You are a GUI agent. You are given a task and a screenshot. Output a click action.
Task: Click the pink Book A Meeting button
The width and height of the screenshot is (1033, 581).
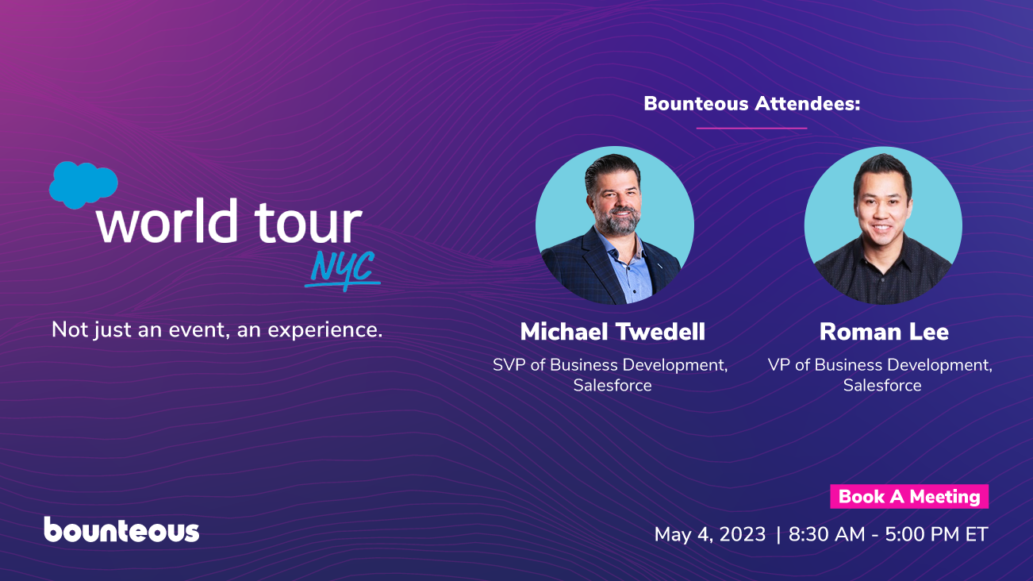tap(909, 497)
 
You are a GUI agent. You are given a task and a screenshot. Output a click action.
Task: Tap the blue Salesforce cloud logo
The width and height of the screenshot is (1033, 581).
tap(82, 184)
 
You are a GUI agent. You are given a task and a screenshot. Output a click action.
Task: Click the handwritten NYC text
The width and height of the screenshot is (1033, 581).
tap(342, 268)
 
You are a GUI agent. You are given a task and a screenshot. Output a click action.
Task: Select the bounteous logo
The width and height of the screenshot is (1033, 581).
tap(121, 530)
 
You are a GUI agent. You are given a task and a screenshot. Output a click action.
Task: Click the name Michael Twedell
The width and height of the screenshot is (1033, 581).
tap(613, 332)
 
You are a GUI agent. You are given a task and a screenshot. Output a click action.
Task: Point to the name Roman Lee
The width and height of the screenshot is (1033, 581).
tap(884, 332)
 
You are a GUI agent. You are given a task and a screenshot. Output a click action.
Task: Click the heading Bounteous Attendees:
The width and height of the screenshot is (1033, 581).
tap(752, 103)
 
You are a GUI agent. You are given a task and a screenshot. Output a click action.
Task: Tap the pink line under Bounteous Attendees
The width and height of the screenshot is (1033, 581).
tap(751, 128)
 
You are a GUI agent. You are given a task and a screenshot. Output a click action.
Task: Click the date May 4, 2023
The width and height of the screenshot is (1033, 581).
tap(710, 535)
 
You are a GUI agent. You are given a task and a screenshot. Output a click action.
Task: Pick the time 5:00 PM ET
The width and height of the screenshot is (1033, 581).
tap(935, 535)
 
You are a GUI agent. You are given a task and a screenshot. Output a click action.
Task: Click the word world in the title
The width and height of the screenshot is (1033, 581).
tap(167, 221)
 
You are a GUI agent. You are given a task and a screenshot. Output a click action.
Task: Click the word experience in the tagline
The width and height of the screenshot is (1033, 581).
tap(325, 329)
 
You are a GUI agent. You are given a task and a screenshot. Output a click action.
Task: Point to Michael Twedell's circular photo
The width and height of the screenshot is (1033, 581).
tap(614, 225)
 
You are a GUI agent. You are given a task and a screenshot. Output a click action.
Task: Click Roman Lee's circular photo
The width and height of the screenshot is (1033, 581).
tap(883, 225)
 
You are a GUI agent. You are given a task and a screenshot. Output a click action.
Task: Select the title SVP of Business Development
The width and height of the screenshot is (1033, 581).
tap(610, 365)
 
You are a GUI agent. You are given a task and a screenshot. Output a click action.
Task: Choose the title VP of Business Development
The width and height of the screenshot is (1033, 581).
tap(880, 365)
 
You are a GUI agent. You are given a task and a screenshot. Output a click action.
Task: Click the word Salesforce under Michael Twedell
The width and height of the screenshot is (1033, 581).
tap(613, 386)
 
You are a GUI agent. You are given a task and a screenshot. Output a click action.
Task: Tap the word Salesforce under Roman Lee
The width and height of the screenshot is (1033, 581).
tap(882, 386)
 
